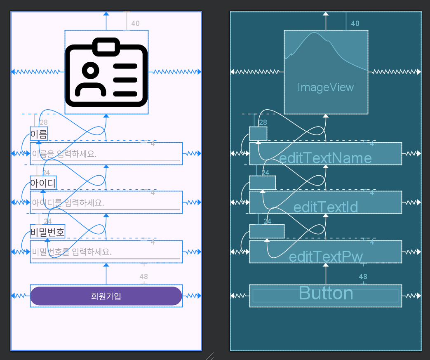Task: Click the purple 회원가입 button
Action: [106, 296]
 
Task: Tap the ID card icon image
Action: [106, 72]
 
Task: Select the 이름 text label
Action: [39, 134]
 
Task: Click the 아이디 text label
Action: [43, 183]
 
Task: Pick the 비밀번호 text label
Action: [47, 232]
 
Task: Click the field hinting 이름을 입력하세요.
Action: [106, 154]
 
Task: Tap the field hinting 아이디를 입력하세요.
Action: [106, 202]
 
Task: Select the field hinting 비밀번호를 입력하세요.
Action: [106, 252]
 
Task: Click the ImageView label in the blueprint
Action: [326, 87]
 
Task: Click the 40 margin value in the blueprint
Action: [355, 24]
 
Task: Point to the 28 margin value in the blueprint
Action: [263, 122]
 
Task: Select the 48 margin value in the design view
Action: [143, 277]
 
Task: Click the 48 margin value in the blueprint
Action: [363, 277]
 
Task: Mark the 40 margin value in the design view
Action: [135, 24]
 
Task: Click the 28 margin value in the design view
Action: [43, 122]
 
